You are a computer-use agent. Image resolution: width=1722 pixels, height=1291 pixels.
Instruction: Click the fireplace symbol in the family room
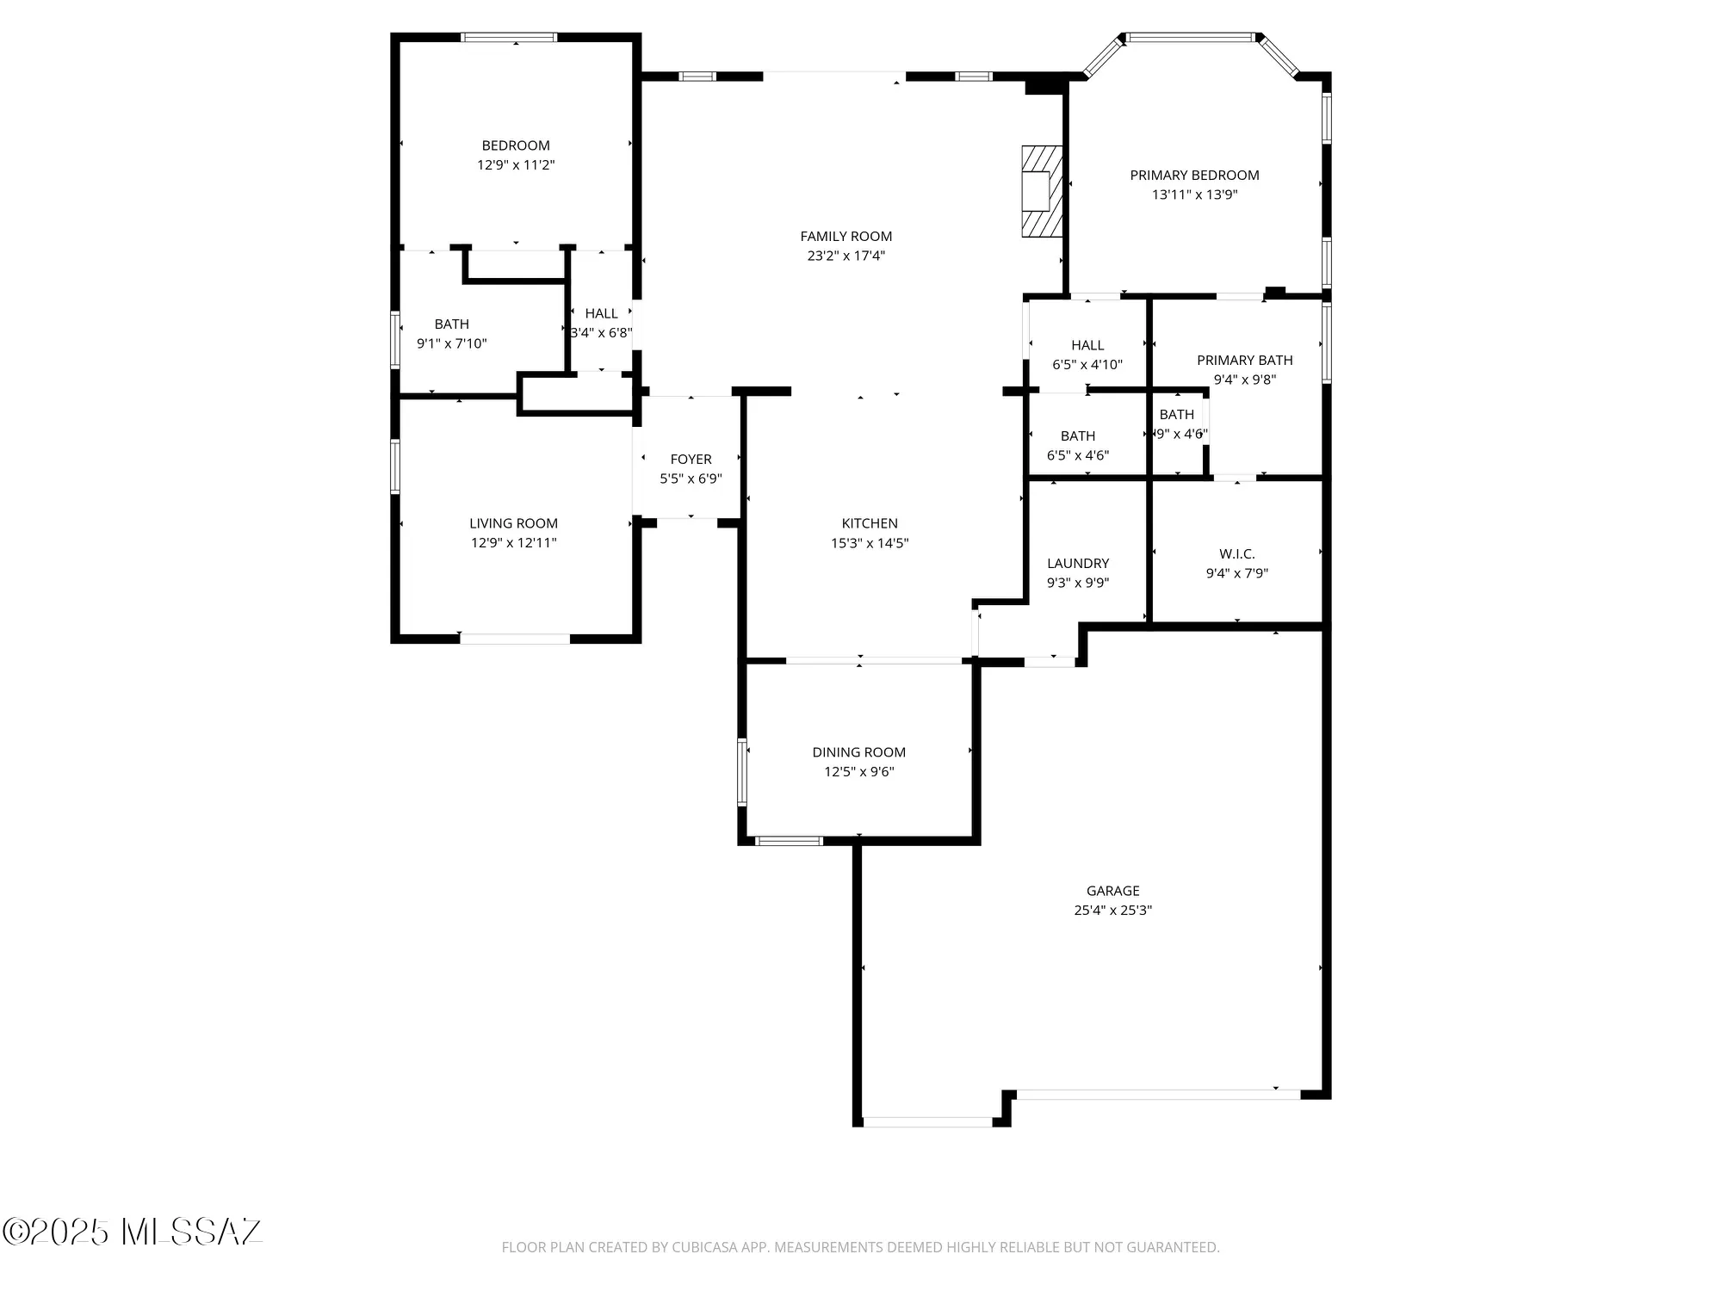[1042, 191]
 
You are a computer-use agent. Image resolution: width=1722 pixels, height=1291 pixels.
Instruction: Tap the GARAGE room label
[1112, 891]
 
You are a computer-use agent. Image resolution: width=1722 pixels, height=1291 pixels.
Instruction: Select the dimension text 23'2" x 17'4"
[846, 256]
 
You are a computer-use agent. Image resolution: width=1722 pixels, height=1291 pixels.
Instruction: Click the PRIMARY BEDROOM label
[1194, 176]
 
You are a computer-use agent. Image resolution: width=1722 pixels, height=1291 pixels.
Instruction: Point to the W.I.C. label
[1236, 553]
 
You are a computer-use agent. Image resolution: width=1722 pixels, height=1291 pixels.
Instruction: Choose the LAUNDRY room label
[1077, 563]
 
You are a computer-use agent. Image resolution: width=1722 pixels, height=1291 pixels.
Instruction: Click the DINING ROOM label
[858, 752]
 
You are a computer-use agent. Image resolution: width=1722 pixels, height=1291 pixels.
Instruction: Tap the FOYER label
[691, 460]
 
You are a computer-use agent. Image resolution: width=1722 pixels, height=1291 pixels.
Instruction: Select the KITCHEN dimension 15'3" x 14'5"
[869, 543]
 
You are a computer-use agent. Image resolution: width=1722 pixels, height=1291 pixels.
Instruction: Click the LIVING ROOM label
[513, 523]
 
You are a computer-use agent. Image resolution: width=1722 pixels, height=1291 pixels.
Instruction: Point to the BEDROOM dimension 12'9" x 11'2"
[516, 164]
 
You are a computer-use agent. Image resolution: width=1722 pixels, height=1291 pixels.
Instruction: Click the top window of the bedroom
[509, 37]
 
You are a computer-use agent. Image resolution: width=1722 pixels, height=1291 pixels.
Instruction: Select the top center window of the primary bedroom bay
[1190, 37]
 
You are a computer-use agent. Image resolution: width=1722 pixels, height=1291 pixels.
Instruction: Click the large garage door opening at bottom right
[1157, 1095]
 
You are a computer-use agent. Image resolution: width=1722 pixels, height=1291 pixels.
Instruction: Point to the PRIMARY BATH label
[1244, 360]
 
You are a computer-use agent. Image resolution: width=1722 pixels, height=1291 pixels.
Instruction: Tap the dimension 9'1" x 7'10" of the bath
[451, 343]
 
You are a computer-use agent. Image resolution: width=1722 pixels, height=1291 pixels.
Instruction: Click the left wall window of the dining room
[742, 772]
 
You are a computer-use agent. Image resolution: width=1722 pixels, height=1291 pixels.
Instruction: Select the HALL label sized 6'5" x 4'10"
[1087, 345]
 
